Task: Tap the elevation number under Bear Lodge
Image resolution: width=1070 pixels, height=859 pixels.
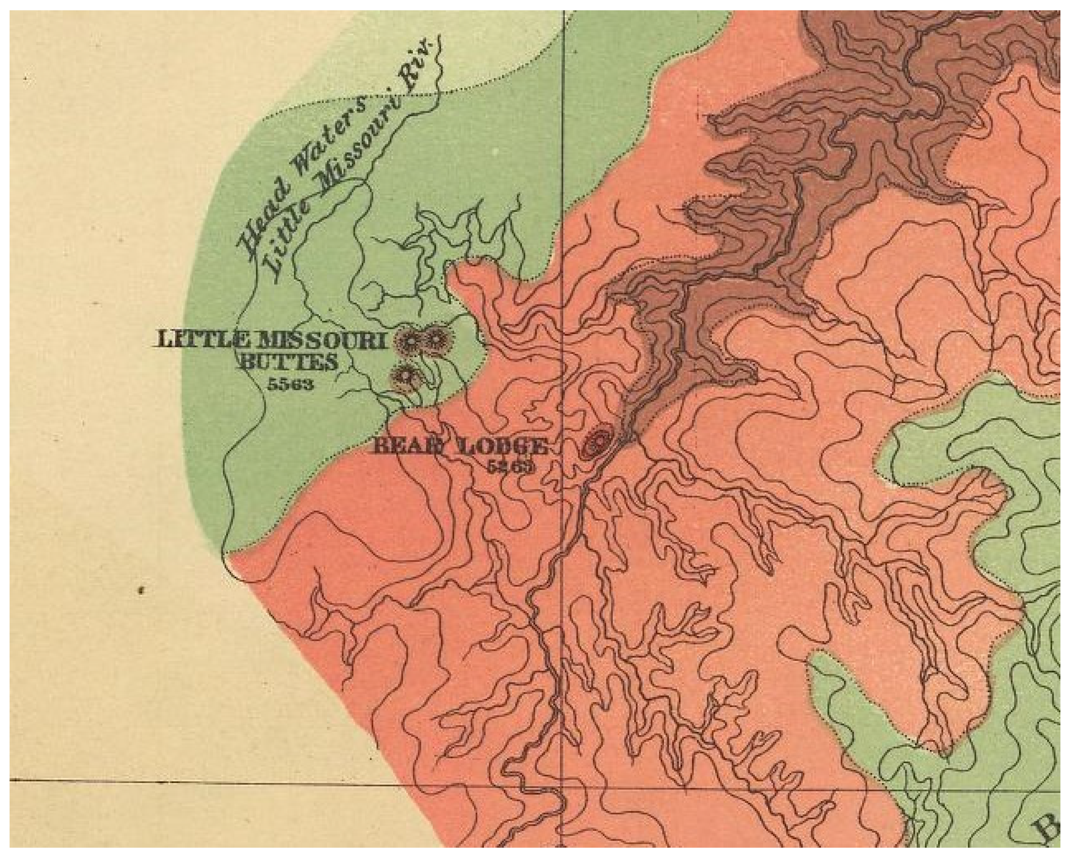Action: coord(511,466)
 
